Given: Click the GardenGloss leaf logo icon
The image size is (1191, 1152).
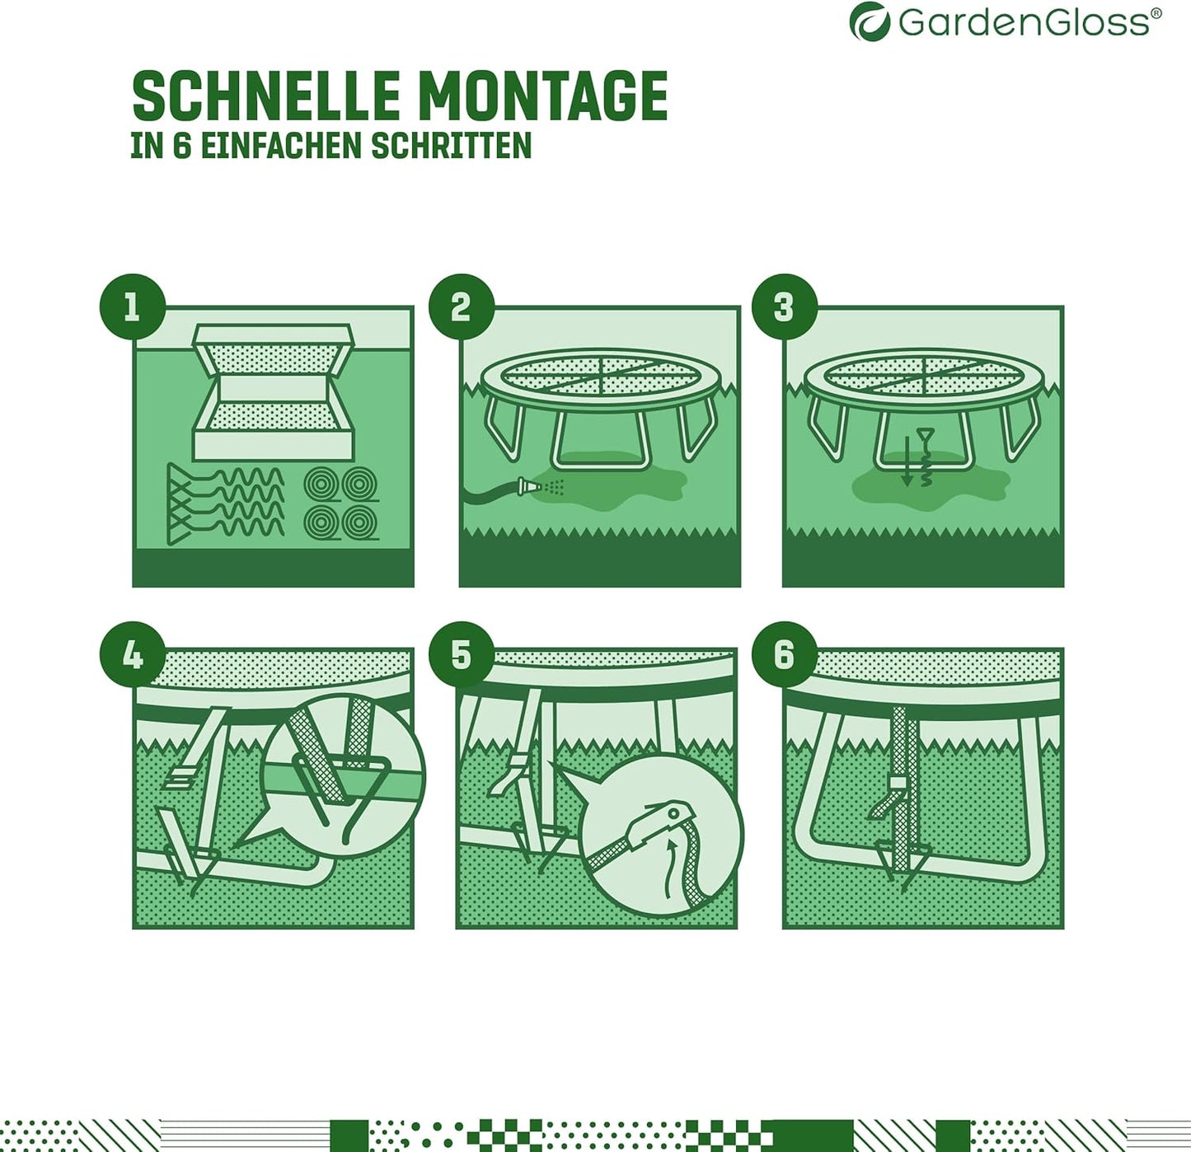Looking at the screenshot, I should pos(870,21).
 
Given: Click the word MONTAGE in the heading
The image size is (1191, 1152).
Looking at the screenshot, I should pos(543,96).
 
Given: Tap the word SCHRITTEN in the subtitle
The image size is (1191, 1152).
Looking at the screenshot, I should pos(451,146).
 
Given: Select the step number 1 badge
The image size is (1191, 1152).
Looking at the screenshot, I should pos(132,307).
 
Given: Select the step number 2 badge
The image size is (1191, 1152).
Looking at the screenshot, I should pos(461,307).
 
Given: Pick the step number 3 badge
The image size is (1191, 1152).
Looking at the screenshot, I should pos(784,307).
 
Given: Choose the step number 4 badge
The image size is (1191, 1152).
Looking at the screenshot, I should pos(132,655).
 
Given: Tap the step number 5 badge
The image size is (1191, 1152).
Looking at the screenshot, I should pos(461,655).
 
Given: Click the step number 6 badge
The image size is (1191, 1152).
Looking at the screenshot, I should pos(784,655).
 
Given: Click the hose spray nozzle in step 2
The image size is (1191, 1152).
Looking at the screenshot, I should pos(525,486).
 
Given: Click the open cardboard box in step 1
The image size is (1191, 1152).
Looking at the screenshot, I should pos(273,391).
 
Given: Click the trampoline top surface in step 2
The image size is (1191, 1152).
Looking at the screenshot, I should pos(599,376).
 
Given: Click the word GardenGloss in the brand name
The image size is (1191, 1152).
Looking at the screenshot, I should pos(1024,22).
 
